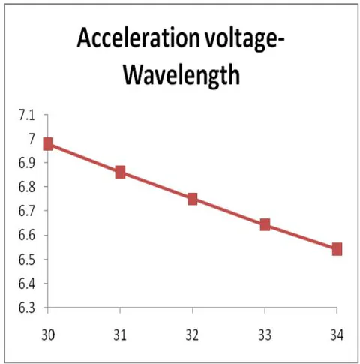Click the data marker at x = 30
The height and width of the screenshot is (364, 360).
48,144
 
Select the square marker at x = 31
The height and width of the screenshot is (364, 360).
120,172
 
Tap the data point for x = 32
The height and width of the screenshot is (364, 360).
193,199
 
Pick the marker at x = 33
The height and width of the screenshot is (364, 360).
265,225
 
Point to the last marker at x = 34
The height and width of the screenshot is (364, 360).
337,249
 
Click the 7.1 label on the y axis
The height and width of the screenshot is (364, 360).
26,116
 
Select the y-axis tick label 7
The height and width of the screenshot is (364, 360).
31,139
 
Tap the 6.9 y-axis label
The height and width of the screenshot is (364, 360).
26,163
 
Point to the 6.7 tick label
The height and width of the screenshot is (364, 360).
26,211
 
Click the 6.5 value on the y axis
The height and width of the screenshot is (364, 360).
26,260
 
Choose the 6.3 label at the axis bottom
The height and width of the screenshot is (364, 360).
26,308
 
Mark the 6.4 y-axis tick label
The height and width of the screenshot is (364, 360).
26,284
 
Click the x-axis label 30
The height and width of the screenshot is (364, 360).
48,335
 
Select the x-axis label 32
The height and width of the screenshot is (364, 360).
192,335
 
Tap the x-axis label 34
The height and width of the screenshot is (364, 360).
337,335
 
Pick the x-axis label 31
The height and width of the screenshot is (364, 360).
120,335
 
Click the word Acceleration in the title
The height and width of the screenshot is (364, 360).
139,38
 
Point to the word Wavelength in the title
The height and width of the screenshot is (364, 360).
181,74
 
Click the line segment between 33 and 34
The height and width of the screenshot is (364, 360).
301,237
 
